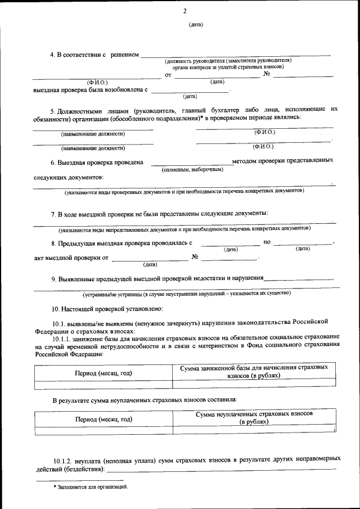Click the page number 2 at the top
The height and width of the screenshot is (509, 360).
(x=184, y=11)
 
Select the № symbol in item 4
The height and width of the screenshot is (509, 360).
(x=267, y=74)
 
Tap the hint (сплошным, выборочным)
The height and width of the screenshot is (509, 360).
(x=188, y=169)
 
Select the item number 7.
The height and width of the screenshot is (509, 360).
(x=53, y=214)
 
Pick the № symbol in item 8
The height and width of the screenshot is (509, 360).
(x=195, y=257)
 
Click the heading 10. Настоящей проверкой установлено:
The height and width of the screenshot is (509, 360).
(x=107, y=309)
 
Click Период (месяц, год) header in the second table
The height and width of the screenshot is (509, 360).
(x=103, y=420)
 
